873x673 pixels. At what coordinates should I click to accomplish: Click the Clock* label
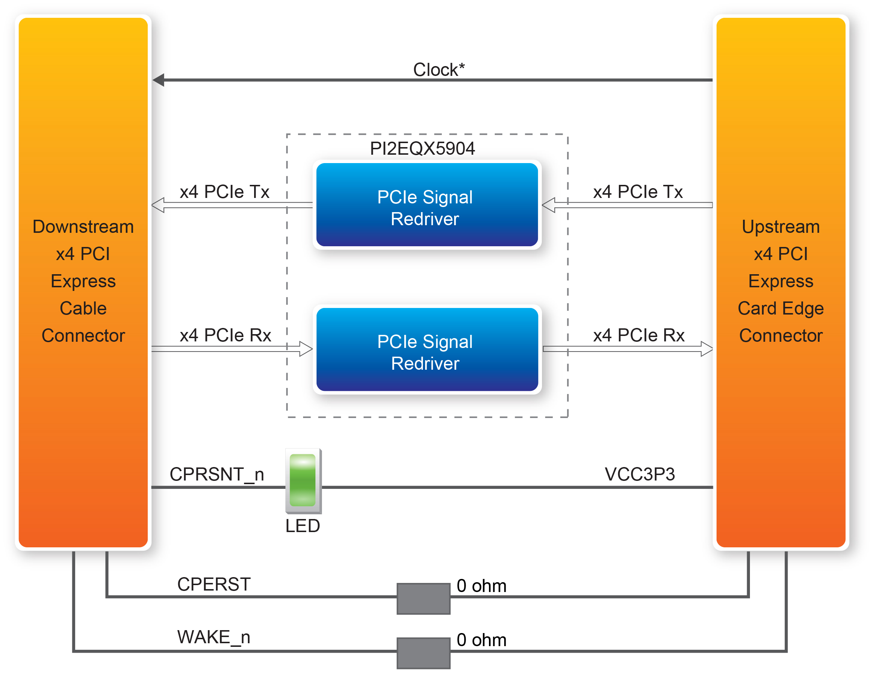click(x=438, y=70)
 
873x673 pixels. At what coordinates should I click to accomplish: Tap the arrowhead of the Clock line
click(x=159, y=80)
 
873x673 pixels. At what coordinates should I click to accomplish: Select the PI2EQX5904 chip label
click(x=422, y=148)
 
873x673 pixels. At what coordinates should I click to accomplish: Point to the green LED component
click(x=303, y=480)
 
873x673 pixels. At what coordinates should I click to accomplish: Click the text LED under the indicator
click(x=303, y=526)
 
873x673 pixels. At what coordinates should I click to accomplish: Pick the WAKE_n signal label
click(x=214, y=637)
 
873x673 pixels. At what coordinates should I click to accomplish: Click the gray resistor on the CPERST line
click(x=423, y=598)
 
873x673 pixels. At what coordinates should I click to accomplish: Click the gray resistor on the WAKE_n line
click(x=423, y=653)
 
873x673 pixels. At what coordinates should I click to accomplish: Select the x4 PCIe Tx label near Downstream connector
click(x=224, y=191)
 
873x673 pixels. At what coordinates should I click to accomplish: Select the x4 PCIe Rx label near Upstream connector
click(x=639, y=335)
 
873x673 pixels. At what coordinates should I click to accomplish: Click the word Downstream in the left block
click(x=83, y=226)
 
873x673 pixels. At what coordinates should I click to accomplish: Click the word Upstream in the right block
click(x=780, y=226)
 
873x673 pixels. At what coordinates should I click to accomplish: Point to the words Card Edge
click(x=780, y=308)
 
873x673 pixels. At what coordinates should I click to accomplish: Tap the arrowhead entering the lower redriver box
click(x=306, y=349)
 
